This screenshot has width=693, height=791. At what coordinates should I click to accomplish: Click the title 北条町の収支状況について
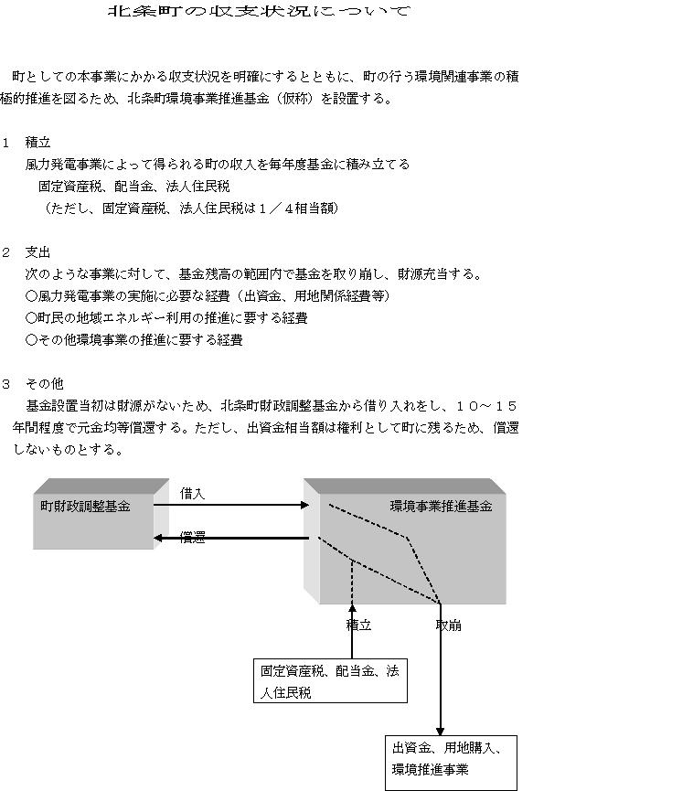click(x=260, y=11)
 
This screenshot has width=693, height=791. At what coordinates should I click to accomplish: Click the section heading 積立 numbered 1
click(x=37, y=143)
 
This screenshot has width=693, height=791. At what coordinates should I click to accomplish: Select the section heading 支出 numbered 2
click(x=37, y=252)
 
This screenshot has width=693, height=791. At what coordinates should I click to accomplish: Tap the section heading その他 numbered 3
click(x=45, y=384)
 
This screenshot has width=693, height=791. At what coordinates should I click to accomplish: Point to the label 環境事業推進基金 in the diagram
click(x=441, y=507)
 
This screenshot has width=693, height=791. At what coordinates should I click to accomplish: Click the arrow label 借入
click(x=192, y=494)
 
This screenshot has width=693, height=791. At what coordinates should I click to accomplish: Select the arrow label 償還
click(x=192, y=538)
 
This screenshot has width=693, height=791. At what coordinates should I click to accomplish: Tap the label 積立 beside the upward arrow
click(x=358, y=625)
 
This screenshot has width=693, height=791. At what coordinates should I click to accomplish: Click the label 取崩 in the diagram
click(x=448, y=625)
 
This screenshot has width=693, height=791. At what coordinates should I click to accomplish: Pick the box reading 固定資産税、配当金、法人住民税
click(x=330, y=680)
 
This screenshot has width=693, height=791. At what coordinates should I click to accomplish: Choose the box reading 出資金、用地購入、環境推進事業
click(x=451, y=763)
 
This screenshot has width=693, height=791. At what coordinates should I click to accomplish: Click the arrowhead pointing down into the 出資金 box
click(x=441, y=732)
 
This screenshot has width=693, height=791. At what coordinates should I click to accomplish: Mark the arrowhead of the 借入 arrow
click(x=304, y=505)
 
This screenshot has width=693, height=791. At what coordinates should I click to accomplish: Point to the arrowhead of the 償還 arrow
click(x=157, y=539)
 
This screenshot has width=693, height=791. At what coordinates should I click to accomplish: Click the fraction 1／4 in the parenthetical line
click(x=275, y=208)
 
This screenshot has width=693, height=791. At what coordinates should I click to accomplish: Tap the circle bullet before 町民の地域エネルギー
click(x=31, y=318)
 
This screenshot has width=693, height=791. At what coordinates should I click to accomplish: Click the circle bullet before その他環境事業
click(x=31, y=340)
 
